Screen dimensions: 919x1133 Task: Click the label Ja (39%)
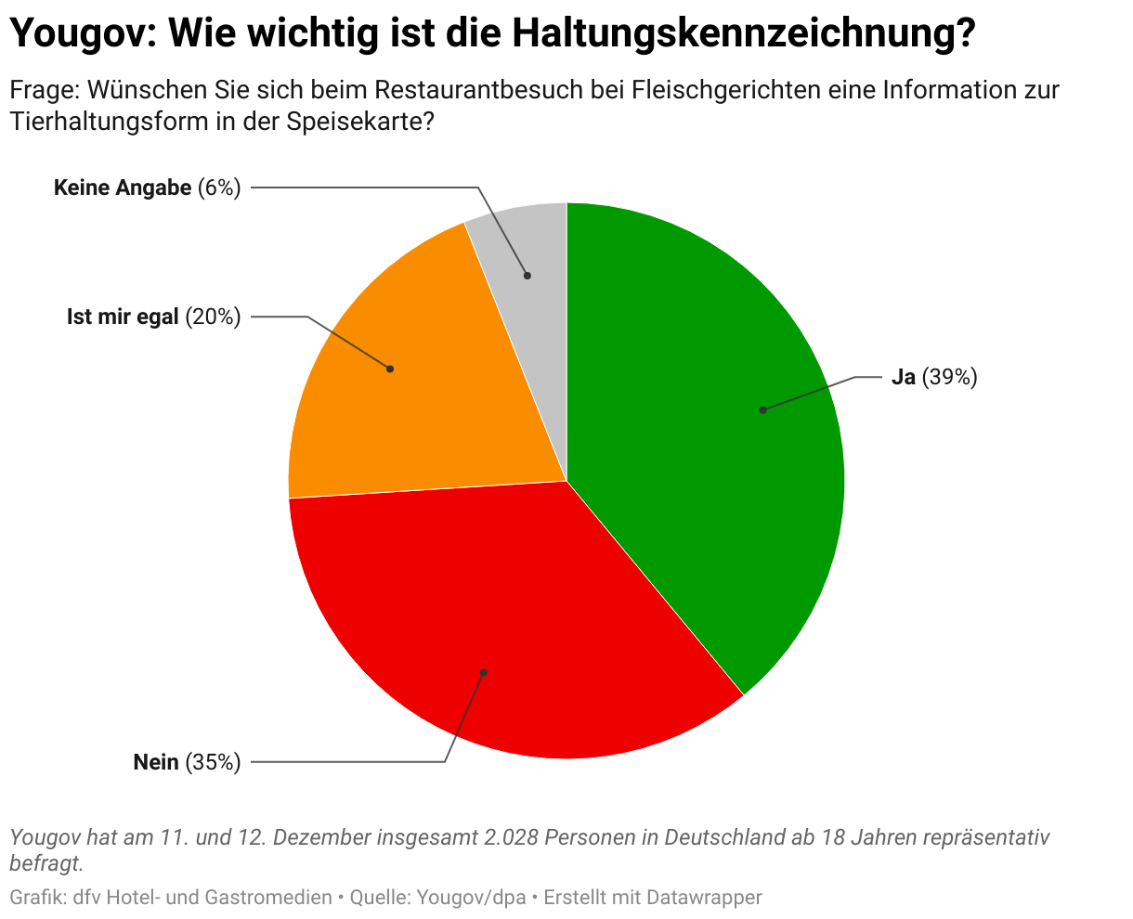click(x=933, y=378)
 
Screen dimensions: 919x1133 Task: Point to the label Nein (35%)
click(x=187, y=763)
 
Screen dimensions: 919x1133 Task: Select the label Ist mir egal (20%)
click(x=153, y=317)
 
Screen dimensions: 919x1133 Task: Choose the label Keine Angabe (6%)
click(x=147, y=188)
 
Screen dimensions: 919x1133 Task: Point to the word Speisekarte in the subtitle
click(x=363, y=122)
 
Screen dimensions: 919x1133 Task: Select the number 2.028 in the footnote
click(x=510, y=838)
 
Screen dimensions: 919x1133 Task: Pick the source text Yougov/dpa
click(x=471, y=898)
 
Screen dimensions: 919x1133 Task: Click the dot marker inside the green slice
click(x=762, y=409)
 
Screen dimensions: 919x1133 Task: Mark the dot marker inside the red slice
click(x=483, y=672)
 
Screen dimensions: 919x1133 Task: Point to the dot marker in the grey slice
click(x=527, y=275)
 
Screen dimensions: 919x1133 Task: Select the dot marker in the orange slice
click(x=390, y=369)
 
